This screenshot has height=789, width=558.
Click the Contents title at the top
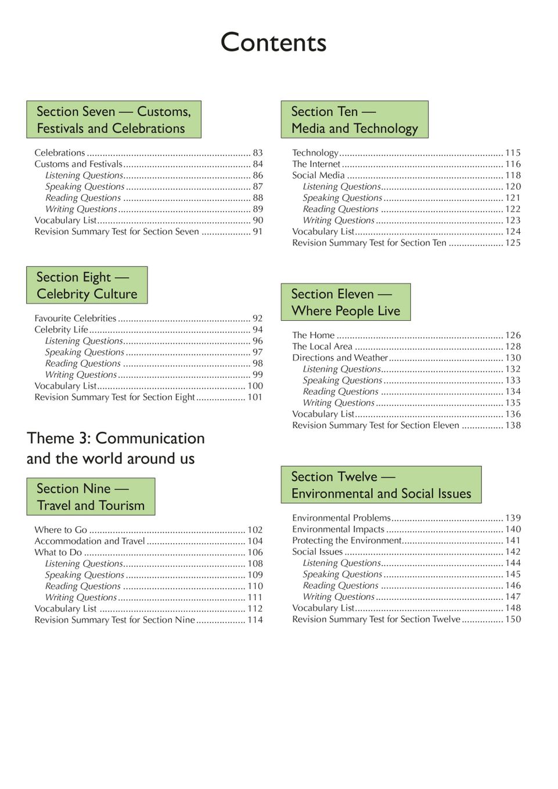tap(273, 43)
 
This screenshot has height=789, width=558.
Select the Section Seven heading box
tap(113, 120)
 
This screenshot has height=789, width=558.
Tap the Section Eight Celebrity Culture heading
tap(87, 285)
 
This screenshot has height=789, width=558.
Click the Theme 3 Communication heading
tap(116, 448)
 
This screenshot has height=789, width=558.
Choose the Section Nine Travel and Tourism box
tap(91, 497)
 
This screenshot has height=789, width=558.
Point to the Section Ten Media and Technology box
tap(354, 120)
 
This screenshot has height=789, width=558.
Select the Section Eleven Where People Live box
tap(345, 302)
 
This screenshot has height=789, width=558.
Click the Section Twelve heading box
tap(381, 485)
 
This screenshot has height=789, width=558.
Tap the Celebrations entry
tap(60, 153)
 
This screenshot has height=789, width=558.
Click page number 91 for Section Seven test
tap(257, 231)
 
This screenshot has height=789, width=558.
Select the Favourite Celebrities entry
tap(75, 319)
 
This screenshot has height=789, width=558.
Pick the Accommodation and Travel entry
tap(89, 541)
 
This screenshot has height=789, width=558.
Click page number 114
tap(255, 620)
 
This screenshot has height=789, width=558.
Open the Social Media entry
tap(318, 175)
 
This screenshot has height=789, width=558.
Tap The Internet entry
tap(316, 164)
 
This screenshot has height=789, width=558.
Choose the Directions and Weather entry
tap(340, 358)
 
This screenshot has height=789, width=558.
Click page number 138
tap(513, 426)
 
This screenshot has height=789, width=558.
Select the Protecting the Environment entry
tap(347, 541)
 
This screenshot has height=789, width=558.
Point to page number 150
tap(513, 620)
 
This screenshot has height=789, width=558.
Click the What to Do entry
tap(58, 552)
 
